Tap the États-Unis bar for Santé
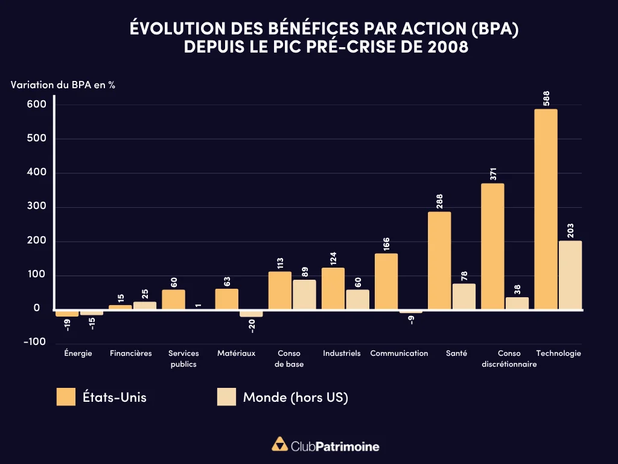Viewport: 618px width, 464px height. [439, 260]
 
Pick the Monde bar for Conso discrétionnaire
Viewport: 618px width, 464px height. [517, 303]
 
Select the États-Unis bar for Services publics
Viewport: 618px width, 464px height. [174, 300]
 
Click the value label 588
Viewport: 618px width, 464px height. [546, 99]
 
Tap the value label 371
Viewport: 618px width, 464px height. [493, 174]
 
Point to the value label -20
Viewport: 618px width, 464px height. [252, 326]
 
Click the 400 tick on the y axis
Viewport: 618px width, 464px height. [36, 173]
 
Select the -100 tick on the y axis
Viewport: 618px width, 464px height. [34, 341]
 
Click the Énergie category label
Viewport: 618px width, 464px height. [78, 353]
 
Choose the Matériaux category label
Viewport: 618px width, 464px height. [237, 353]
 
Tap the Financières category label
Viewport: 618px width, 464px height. [131, 353]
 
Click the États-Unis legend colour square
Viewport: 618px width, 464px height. [65, 397]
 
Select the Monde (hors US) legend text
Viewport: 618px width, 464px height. [295, 397]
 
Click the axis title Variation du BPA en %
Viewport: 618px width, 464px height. [63, 85]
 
